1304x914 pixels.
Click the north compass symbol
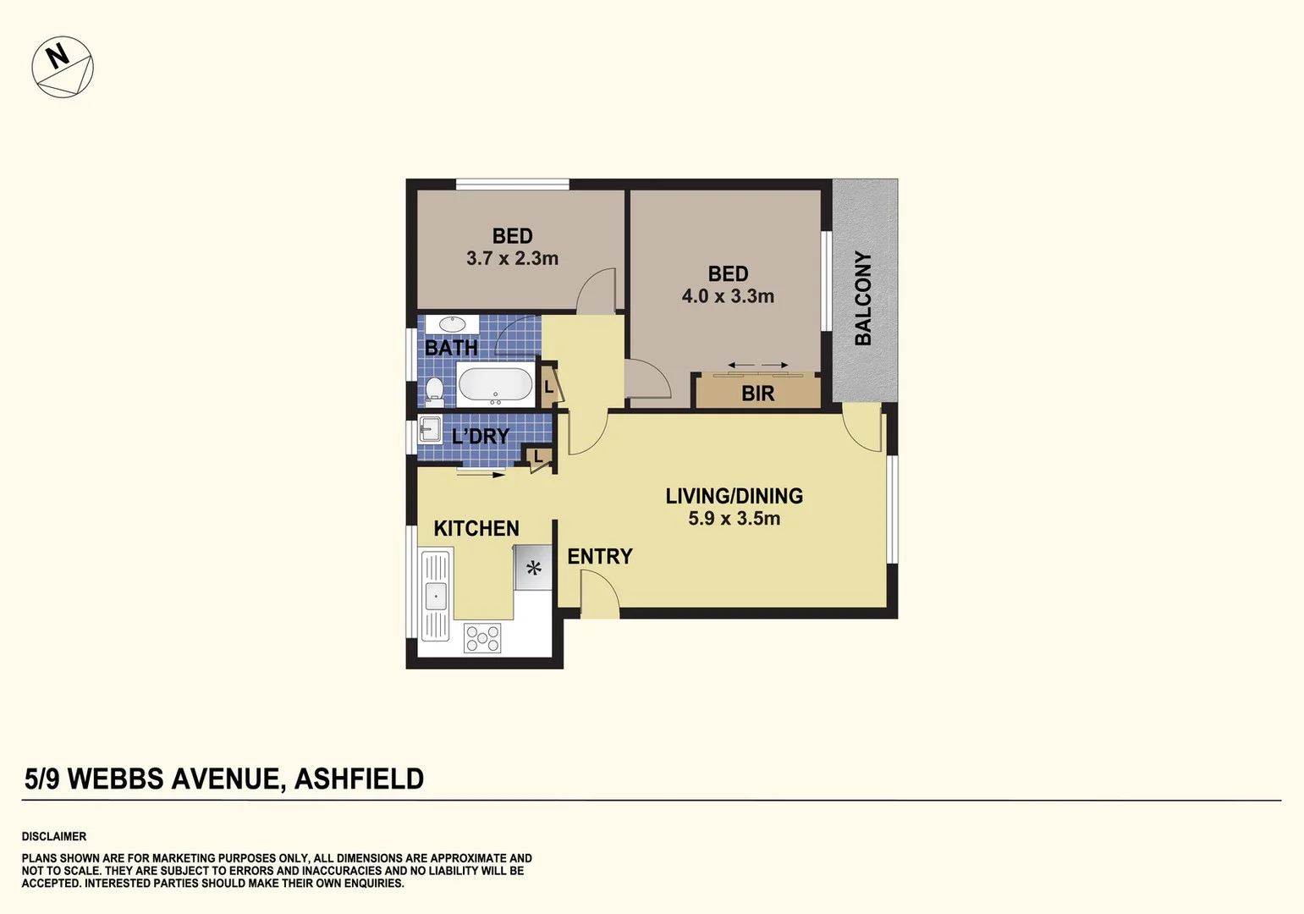pos(63,67)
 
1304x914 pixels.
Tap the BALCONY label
pos(863,298)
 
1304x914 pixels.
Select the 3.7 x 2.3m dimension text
pos(512,259)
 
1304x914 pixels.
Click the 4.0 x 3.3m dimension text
pos(728,297)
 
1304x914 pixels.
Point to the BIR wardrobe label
pos(757,394)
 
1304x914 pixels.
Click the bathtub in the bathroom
pos(496,385)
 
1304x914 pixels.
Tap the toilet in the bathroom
pos(434,391)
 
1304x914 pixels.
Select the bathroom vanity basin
pos(452,325)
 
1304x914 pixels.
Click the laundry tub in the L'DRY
pos(430,430)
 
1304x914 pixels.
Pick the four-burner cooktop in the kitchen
pos(482,638)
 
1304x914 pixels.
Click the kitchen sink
pos(435,596)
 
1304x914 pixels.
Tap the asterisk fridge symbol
pos(534,568)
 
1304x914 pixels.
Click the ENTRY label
pos(599,557)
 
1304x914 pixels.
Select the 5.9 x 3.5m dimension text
pos(734,519)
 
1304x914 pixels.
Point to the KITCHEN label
pos(476,529)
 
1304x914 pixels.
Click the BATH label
pos(451,348)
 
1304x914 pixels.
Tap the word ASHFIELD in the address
pos(359,779)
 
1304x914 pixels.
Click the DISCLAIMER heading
pos(54,836)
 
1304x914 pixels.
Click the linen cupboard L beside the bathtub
pos(548,388)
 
